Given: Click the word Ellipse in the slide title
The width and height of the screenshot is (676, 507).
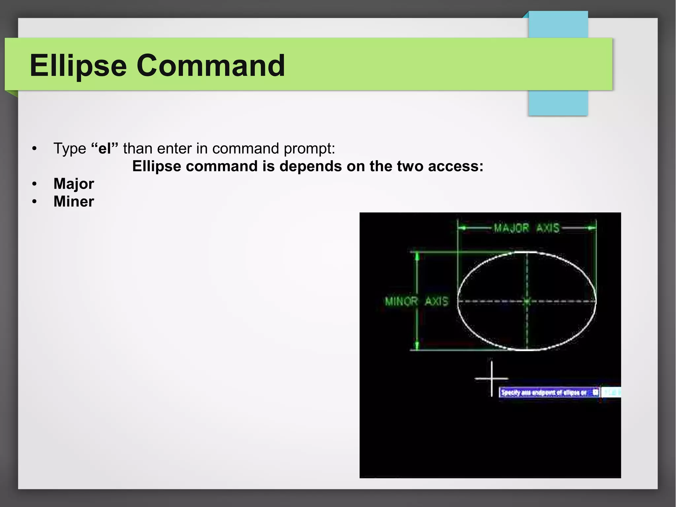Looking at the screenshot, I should click(x=78, y=66).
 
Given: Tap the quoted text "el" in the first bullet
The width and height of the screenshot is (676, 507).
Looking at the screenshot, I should click(x=104, y=148).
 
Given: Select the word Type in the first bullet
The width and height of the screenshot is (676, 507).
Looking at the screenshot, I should click(x=70, y=148).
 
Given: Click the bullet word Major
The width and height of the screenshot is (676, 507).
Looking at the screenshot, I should click(x=74, y=184).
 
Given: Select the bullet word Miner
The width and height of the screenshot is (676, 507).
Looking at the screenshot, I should click(x=74, y=201).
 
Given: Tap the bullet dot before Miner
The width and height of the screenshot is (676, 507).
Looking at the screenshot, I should click(x=34, y=201).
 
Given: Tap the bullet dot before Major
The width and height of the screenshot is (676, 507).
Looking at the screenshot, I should click(x=34, y=184).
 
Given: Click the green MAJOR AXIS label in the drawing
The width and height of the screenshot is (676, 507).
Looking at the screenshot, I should click(x=526, y=228).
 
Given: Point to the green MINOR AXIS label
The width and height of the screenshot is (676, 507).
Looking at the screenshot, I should click(x=417, y=301).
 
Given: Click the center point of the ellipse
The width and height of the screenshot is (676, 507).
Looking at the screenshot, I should click(x=527, y=301).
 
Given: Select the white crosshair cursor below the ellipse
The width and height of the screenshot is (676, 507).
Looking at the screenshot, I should click(x=491, y=379).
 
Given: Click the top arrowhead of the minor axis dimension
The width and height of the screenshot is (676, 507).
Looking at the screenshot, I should click(x=417, y=257).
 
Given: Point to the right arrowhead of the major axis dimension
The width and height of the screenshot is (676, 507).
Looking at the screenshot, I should click(x=593, y=228).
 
